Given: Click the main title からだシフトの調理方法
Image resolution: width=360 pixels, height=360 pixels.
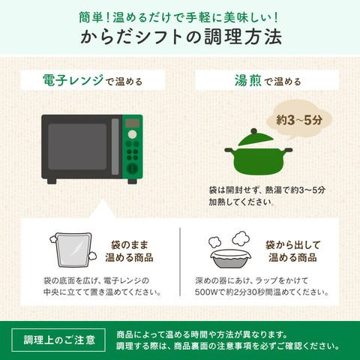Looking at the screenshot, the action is point(181,37).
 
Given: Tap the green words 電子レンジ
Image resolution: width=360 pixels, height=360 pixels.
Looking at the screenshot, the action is point(73,80).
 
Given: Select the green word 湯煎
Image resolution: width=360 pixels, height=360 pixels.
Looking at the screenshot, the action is point(248,80).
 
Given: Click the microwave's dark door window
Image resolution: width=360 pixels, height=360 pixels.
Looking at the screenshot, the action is point(77,146).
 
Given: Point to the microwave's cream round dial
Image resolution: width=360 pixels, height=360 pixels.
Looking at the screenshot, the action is point(132,134).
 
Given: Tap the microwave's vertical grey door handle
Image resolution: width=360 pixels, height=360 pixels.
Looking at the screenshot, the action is point(115,146).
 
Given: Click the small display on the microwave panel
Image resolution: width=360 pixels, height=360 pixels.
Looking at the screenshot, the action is point(132,123).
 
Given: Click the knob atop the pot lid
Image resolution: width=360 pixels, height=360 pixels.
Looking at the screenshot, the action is point(254,131).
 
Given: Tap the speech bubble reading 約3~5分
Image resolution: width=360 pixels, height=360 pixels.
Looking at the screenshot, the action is point(298,120).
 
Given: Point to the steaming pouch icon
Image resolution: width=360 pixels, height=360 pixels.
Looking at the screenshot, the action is point(73,250).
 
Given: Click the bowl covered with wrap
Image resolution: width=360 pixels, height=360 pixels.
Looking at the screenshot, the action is point(230,258).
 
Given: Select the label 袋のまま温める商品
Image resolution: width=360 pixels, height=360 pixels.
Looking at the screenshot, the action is point(129,251).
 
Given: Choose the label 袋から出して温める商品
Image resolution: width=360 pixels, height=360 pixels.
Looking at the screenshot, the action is point(292,251).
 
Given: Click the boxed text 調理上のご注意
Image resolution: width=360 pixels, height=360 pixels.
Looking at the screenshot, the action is point(59,340).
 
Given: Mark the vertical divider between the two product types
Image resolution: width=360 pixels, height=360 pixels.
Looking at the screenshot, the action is point(180,262).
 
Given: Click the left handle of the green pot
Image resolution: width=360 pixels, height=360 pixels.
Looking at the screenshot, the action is point(229,150).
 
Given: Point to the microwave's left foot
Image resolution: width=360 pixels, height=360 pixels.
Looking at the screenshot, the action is point(52,181).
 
